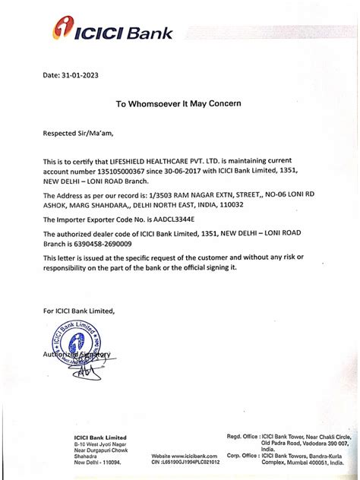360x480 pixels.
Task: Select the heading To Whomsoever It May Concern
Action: [178, 103]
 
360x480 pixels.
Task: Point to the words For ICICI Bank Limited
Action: [79, 311]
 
